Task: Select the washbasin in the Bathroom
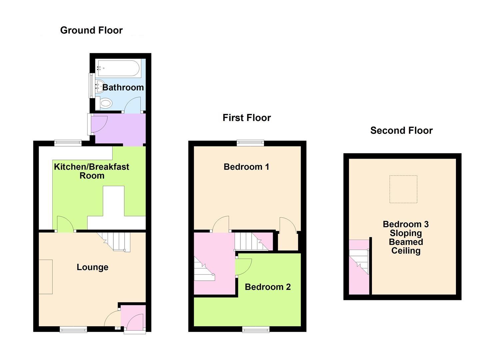click(x=100, y=87)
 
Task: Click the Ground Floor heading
click(x=91, y=30)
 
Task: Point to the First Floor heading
click(x=247, y=118)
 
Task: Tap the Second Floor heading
click(x=401, y=130)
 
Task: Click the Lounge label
click(x=92, y=267)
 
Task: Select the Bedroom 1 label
click(x=246, y=167)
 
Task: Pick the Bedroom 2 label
click(x=268, y=287)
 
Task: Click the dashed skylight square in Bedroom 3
click(x=403, y=189)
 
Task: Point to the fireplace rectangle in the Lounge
click(x=46, y=277)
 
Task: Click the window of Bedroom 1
click(x=250, y=143)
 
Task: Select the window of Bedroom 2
click(x=256, y=330)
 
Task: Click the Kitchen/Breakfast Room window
click(x=68, y=143)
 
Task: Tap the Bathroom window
click(x=90, y=85)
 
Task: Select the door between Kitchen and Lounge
click(x=65, y=224)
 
